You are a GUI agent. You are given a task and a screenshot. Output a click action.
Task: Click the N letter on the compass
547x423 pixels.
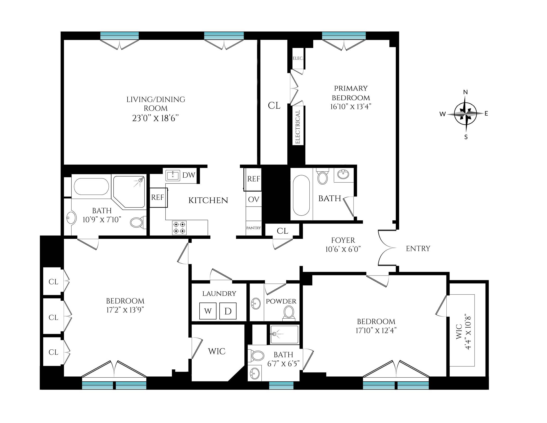click(x=465, y=92)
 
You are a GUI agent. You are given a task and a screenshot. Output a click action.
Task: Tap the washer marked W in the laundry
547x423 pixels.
click(x=208, y=311)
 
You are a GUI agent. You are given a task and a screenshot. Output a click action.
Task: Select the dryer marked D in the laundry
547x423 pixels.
click(x=228, y=311)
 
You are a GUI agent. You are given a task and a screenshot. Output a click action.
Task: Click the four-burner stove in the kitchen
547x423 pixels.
click(x=179, y=228)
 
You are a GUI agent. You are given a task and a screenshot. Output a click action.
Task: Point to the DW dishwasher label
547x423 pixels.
click(x=189, y=175)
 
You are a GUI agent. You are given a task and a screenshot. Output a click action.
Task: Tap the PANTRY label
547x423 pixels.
click(x=253, y=228)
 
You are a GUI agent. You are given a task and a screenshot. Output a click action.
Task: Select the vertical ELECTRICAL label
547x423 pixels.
click(x=297, y=127)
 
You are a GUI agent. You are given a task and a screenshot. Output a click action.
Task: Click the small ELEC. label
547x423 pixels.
click(x=298, y=58)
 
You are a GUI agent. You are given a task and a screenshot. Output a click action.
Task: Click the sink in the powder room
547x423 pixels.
click(x=256, y=304)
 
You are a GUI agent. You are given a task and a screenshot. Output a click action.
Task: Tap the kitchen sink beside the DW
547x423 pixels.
click(x=173, y=175)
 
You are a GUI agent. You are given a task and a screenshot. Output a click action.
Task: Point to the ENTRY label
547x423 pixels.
click(x=418, y=249)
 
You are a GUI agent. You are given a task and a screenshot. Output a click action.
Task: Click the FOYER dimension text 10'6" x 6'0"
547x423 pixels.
click(x=343, y=249)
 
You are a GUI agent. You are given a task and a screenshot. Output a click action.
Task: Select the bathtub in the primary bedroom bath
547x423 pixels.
click(x=301, y=195)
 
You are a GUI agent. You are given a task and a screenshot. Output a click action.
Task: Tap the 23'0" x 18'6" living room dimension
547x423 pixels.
click(x=155, y=118)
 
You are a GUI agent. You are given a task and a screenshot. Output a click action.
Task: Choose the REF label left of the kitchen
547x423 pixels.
click(x=158, y=197)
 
